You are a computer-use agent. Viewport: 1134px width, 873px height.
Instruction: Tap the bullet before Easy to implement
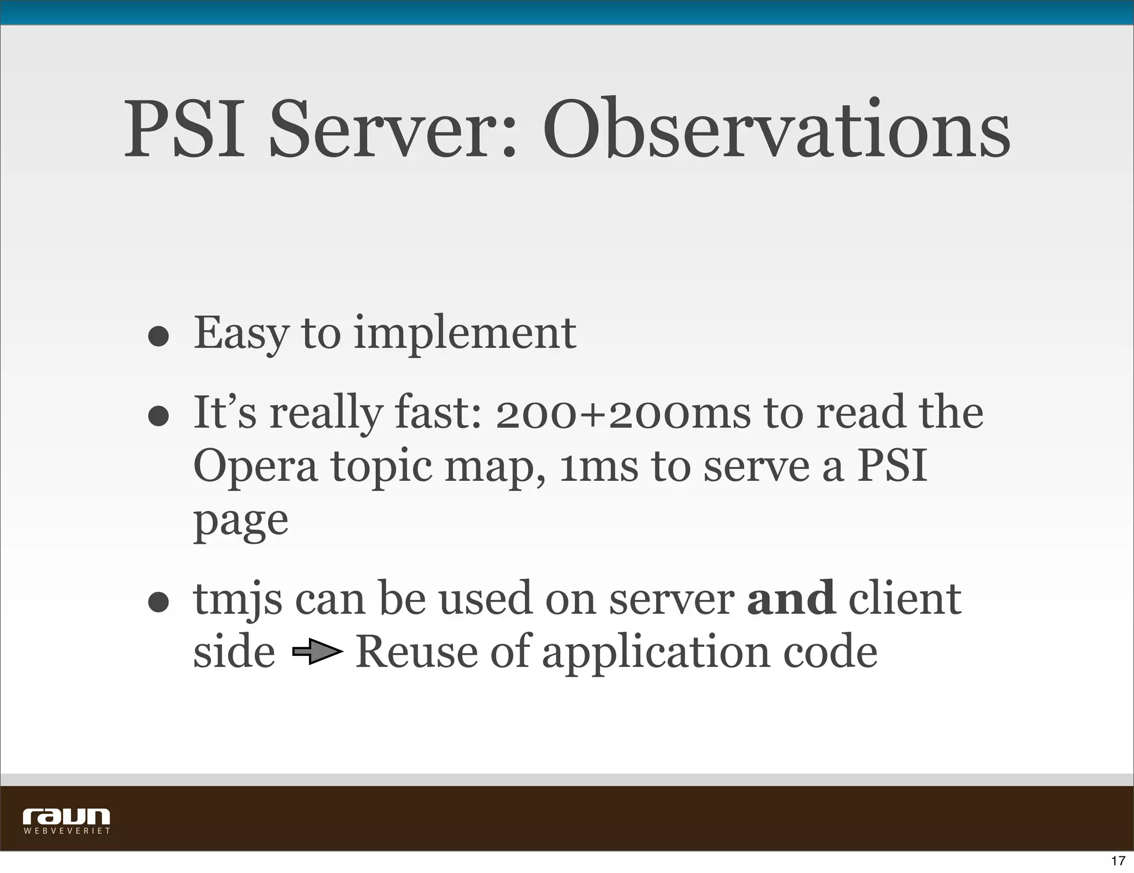pyautogui.click(x=158, y=335)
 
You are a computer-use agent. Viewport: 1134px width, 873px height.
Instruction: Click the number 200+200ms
pyautogui.click(x=622, y=414)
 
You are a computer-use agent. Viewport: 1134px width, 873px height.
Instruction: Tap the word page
pyautogui.click(x=240, y=522)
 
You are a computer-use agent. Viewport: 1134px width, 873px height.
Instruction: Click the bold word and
pyautogui.click(x=791, y=598)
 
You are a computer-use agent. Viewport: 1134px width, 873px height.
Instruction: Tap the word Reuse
pyautogui.click(x=416, y=652)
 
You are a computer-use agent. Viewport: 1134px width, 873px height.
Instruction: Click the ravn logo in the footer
pyautogui.click(x=66, y=816)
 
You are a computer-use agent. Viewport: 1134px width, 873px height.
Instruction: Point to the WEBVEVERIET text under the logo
pyautogui.click(x=66, y=831)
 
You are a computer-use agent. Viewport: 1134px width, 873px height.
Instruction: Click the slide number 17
pyautogui.click(x=1118, y=861)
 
